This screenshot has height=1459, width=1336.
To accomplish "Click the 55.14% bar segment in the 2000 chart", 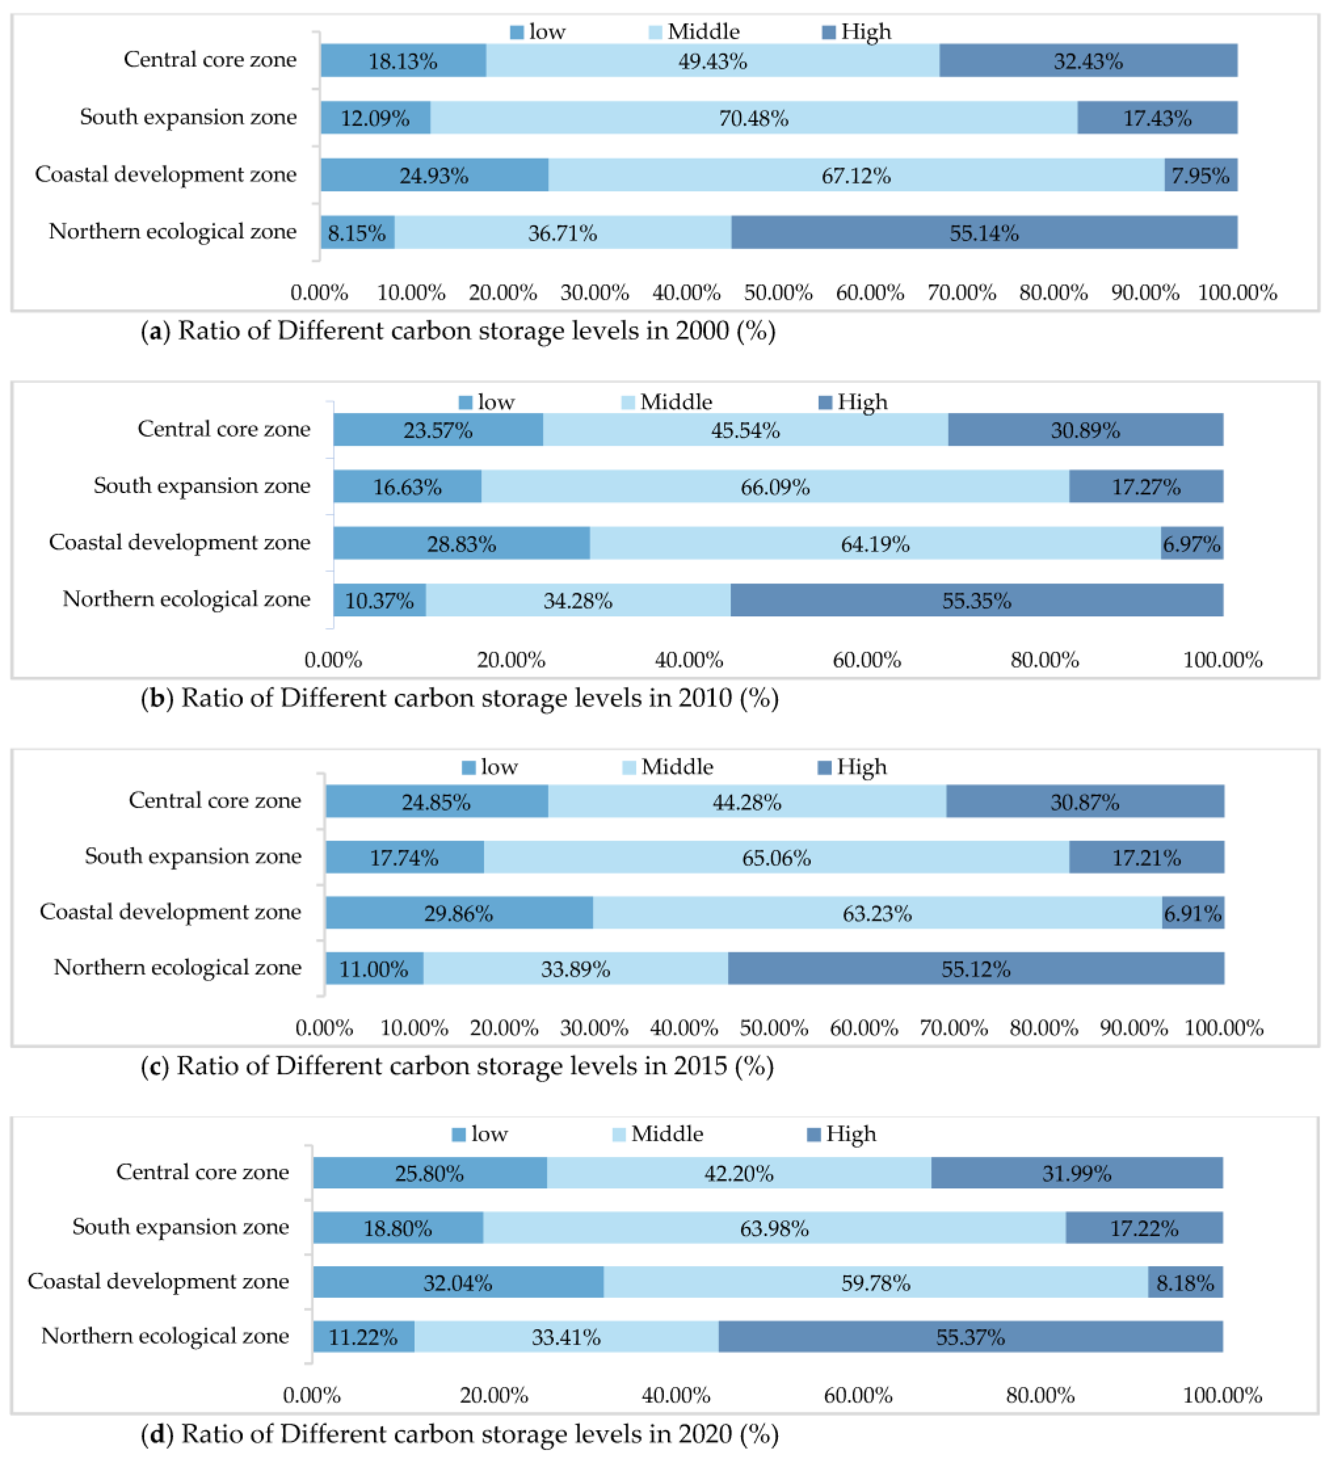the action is (984, 232).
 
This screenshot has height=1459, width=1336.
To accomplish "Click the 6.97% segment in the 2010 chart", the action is (1192, 543).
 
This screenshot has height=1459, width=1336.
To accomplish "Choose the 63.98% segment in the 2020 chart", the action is (774, 1228).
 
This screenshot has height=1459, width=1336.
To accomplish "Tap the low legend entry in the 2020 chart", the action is (480, 1134).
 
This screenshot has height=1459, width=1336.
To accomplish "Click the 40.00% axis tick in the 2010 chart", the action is (689, 660).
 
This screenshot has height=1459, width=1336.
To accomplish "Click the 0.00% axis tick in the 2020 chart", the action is (312, 1395).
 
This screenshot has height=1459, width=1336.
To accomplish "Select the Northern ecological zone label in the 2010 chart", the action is (187, 599).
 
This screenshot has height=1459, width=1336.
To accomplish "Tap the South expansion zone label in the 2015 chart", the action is (193, 857).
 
